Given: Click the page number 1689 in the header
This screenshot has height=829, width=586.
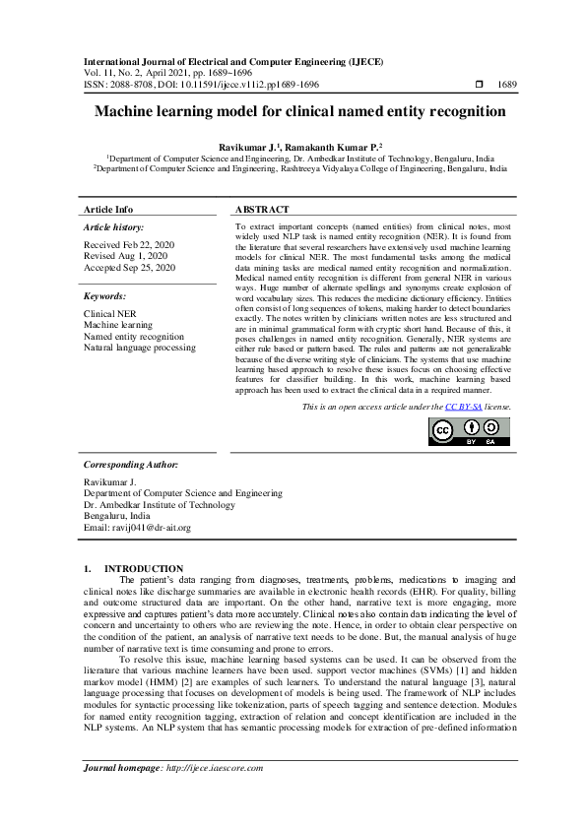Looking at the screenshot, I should tap(507, 85).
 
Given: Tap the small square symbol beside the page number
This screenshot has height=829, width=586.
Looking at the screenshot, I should tap(480, 85).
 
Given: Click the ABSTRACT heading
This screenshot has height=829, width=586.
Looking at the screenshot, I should tap(262, 210).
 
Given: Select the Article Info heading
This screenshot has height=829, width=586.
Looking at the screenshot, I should tap(108, 210).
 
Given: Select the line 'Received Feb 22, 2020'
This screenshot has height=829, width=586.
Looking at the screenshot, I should tap(129, 244).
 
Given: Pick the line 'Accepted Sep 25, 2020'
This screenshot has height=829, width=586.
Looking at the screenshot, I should tap(130, 268).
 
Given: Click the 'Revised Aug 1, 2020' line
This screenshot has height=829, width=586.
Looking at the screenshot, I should tap(126, 256).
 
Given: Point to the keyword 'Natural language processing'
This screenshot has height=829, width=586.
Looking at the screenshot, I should tap(140, 348).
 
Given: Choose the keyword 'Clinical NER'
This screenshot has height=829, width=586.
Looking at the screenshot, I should tap(111, 312).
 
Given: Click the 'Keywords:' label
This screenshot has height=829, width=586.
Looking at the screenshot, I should tap(104, 296).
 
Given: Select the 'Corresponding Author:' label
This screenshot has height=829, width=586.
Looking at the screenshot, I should tap(131, 464).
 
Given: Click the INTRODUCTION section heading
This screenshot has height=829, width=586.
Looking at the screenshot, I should tap(144, 569).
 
